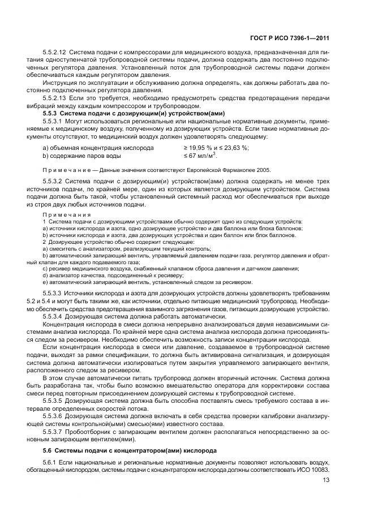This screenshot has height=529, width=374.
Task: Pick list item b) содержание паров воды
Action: pyautogui.click(x=81, y=156)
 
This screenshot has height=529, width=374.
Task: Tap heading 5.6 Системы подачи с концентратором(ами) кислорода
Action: pyautogui.click(x=130, y=451)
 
